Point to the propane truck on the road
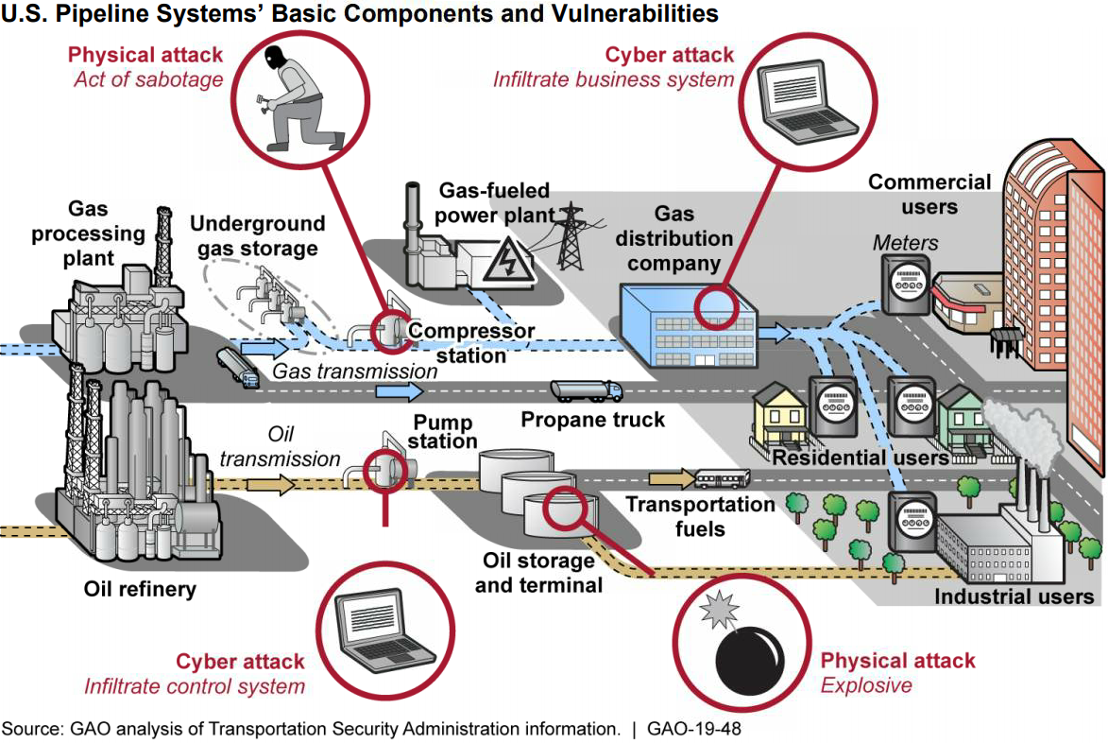click(586, 389)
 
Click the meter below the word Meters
click(905, 284)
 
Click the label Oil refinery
click(140, 590)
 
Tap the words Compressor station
click(470, 343)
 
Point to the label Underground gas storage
click(257, 236)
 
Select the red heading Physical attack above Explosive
click(897, 661)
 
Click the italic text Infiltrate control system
click(195, 686)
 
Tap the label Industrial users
click(1014, 596)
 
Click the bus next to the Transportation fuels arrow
click(724, 479)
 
